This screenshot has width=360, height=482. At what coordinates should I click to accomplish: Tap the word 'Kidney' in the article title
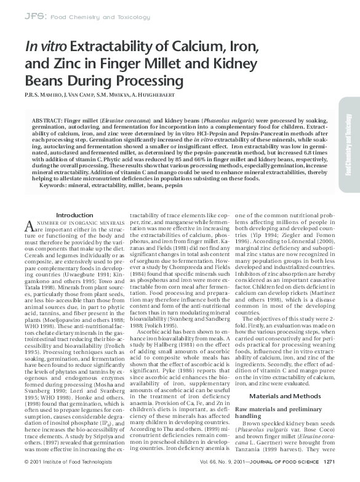(225, 63)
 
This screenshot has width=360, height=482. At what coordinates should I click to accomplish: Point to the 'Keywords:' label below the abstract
(57, 185)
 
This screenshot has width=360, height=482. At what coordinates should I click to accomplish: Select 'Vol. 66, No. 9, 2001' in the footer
(220, 477)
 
